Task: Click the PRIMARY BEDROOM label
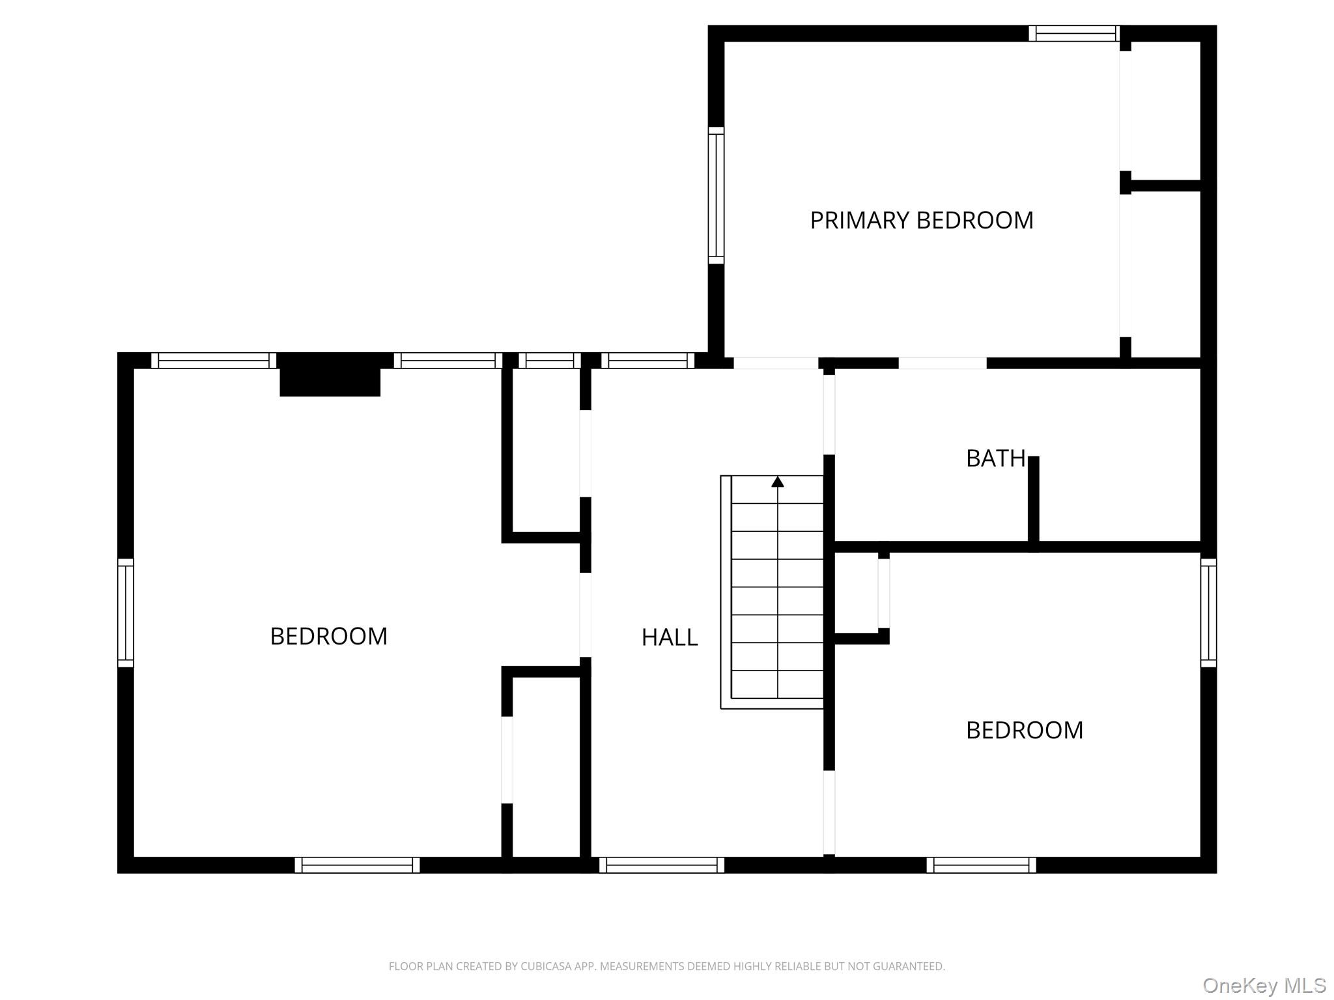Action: coord(921,221)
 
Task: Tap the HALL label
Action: coord(669,637)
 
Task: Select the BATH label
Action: coord(995,459)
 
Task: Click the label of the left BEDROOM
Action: coord(328,636)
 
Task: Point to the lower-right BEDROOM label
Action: coord(1024,730)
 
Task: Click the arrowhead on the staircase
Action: coord(777,482)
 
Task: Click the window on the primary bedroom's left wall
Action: coord(716,195)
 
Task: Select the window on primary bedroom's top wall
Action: coord(1074,33)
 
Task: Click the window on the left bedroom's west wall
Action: coord(126,613)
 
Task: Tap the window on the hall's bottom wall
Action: coord(661,865)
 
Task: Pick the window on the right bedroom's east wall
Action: coord(1208,613)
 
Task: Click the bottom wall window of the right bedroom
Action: coord(981,865)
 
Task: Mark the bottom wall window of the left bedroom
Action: coord(357,865)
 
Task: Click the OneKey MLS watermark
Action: coord(1264,985)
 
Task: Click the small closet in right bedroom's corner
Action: coord(856,592)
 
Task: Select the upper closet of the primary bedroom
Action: coord(1165,111)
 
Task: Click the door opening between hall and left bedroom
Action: coord(585,615)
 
